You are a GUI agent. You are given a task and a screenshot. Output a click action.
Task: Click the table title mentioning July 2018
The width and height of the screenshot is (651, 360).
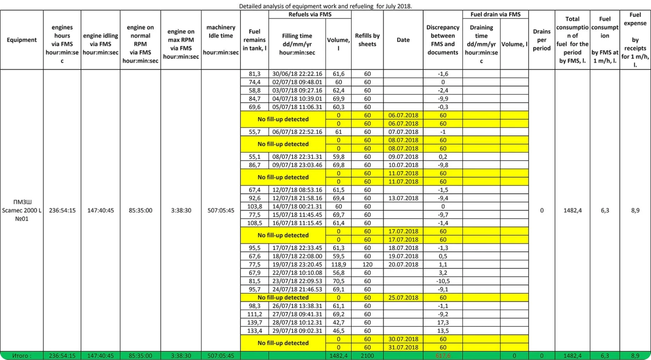[325, 6]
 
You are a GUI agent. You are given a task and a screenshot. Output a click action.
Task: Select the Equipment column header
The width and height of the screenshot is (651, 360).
[22, 40]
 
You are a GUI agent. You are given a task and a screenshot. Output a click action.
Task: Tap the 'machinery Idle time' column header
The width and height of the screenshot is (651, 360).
[221, 40]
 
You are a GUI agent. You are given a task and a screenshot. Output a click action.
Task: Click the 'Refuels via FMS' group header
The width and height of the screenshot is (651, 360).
[310, 14]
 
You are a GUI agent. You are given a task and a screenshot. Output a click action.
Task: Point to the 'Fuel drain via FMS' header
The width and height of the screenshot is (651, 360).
[495, 14]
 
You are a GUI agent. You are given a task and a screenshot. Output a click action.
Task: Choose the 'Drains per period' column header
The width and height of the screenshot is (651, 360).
[542, 40]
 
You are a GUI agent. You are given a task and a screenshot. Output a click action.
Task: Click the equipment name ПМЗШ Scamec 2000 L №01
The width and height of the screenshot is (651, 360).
[22, 210]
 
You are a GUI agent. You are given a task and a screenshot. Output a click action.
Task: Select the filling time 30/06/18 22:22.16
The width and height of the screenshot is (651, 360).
[297, 74]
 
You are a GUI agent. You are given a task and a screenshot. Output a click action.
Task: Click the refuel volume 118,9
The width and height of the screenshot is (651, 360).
[338, 264]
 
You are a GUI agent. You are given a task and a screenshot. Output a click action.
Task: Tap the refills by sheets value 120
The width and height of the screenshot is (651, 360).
[367, 264]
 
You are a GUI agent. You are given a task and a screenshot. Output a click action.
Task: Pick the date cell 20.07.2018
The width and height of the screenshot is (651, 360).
[403, 264]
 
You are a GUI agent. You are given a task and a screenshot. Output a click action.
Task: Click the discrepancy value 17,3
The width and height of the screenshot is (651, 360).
[443, 323]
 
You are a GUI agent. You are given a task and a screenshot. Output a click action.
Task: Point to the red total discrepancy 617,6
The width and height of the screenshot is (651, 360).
[443, 356]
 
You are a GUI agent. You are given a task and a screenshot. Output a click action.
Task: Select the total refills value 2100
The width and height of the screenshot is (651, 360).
[367, 356]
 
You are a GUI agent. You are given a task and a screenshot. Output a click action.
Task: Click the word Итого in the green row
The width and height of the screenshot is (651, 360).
[22, 356]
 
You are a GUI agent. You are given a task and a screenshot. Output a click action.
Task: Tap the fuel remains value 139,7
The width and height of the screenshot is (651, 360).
[254, 323]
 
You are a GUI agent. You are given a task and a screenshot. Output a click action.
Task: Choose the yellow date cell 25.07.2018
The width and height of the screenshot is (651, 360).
[403, 297]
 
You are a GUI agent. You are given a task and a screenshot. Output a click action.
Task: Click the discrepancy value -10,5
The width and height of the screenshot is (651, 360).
[443, 281]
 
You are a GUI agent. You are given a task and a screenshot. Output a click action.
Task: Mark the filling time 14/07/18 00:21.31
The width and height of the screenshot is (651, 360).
[297, 206]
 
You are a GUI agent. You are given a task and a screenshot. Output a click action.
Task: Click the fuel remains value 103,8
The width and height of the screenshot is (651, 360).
[254, 206]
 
